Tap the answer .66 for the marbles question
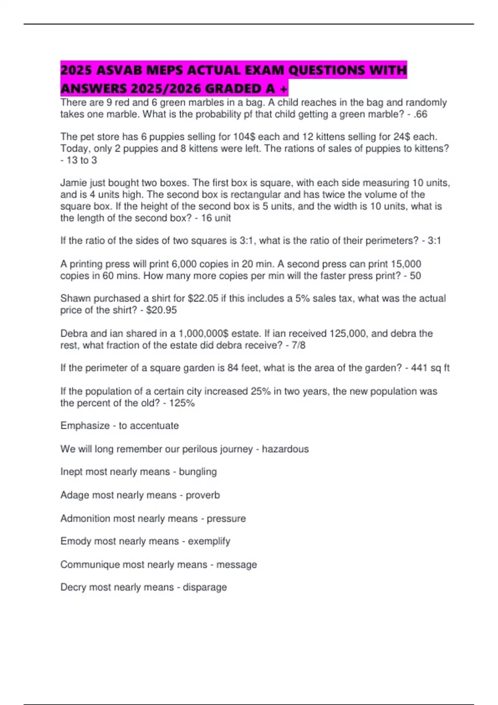420,114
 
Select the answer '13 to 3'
82,160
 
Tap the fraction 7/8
298,345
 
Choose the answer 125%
182,403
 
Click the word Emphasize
85,426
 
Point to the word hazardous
285,449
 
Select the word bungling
198,472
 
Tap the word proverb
203,495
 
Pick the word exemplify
209,541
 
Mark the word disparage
205,587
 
